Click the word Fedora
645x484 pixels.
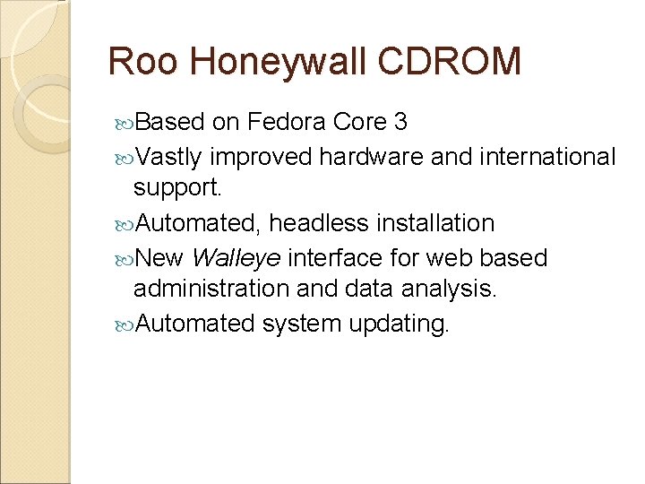click(x=286, y=122)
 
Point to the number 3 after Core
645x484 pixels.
click(x=400, y=122)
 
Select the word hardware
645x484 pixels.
click(x=371, y=157)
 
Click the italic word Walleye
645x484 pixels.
click(x=236, y=258)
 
